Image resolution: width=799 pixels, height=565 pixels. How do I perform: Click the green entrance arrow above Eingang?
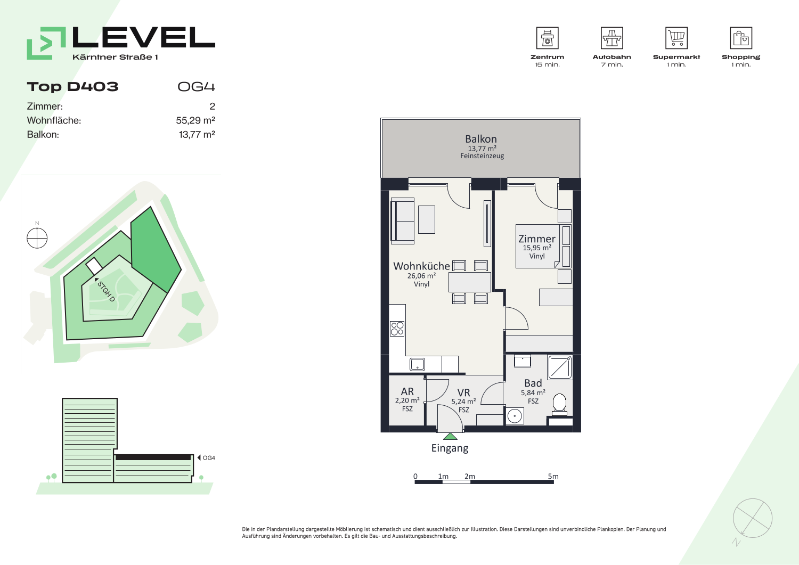(x=450, y=436)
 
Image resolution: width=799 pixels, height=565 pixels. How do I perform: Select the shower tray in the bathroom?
(x=560, y=367)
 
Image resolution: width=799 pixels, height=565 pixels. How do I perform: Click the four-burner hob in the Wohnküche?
(x=397, y=329)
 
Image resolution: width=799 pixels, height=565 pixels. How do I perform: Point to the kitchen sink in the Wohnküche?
(x=417, y=365)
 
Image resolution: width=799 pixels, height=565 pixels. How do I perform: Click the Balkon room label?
(x=481, y=139)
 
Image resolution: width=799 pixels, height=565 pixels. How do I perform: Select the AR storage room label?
(x=407, y=391)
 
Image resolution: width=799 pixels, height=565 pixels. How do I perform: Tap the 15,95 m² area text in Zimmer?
(x=537, y=248)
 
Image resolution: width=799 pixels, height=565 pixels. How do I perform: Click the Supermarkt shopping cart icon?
(x=676, y=38)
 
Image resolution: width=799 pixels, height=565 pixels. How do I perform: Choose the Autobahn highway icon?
(x=612, y=38)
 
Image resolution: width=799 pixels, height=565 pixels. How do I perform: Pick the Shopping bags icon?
(x=741, y=38)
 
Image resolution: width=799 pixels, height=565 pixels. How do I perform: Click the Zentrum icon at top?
(x=547, y=38)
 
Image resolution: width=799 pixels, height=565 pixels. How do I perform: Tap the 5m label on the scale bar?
(x=553, y=476)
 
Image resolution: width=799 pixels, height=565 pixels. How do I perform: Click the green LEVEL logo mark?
(x=46, y=43)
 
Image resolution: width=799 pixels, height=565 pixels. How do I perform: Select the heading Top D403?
(x=72, y=87)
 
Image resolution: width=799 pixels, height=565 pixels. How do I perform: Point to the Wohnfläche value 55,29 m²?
(x=195, y=120)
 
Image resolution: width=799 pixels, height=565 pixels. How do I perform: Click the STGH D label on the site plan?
(x=106, y=291)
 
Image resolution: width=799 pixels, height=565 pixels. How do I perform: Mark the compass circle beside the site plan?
(x=37, y=238)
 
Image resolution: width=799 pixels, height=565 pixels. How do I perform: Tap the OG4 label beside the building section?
(x=209, y=457)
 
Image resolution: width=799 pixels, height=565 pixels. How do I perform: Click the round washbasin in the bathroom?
(x=515, y=416)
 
